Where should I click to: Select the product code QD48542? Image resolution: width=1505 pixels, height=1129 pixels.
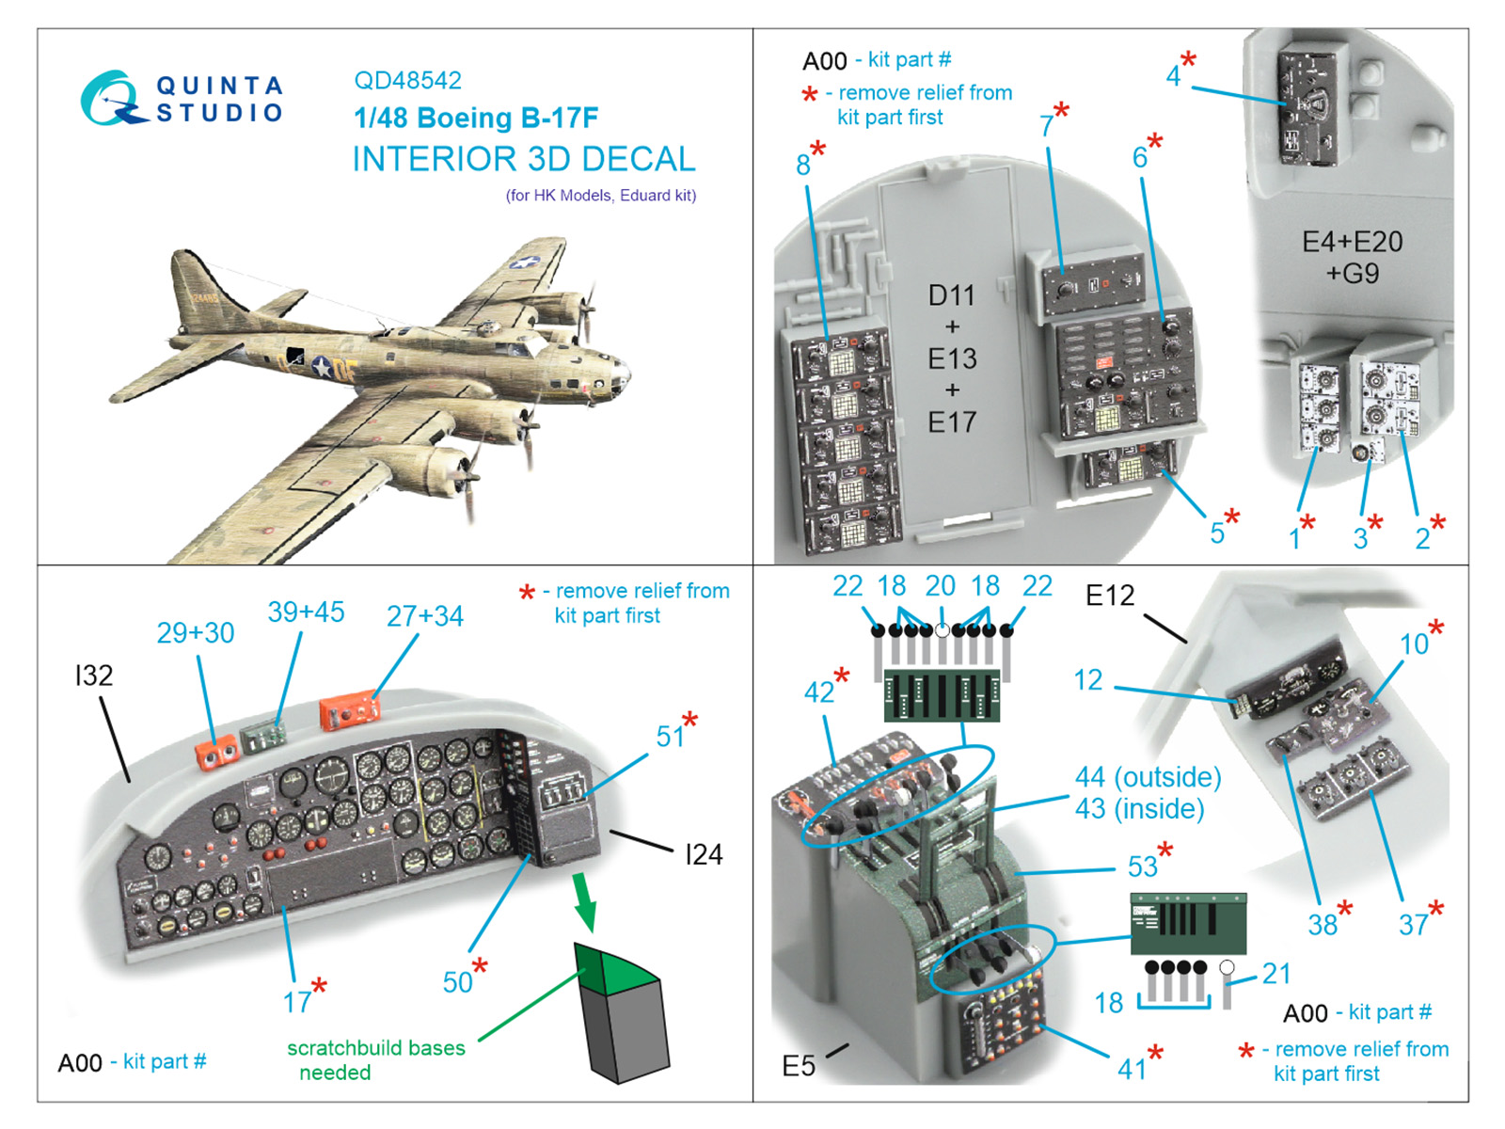(x=407, y=80)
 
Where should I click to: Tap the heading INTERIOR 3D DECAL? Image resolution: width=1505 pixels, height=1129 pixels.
(x=524, y=159)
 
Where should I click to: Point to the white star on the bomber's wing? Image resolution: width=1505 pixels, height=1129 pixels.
(x=524, y=262)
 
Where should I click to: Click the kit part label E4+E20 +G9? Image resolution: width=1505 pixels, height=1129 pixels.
(x=1352, y=257)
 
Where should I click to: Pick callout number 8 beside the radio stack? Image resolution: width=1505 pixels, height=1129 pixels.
(x=802, y=165)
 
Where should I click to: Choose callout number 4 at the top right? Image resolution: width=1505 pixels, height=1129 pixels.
(x=1173, y=75)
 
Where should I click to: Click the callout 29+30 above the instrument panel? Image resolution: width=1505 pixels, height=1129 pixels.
(x=195, y=632)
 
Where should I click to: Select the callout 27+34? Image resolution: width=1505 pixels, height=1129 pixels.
(x=424, y=616)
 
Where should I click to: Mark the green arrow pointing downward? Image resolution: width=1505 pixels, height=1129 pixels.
(x=585, y=900)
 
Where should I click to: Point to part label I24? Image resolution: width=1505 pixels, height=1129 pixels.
(x=704, y=854)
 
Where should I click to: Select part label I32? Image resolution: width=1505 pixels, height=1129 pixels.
(x=94, y=675)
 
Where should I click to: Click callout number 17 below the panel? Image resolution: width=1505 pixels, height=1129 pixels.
(x=297, y=1002)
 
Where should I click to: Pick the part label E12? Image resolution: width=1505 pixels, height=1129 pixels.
(x=1110, y=596)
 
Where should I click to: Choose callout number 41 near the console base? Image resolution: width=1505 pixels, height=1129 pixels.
(x=1132, y=1069)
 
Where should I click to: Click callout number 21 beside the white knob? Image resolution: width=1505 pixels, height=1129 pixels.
(x=1275, y=973)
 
